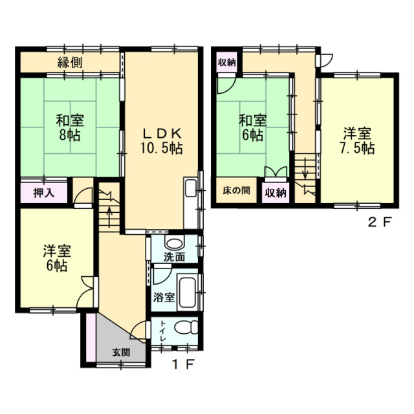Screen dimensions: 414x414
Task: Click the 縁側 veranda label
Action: click(70, 63)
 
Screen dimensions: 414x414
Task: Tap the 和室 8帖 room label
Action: click(70, 127)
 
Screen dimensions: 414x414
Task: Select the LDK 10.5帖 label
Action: click(162, 141)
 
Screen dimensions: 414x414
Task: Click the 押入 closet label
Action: click(44, 193)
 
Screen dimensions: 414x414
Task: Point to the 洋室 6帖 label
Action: click(57, 258)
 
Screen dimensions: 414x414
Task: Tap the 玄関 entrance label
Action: click(121, 352)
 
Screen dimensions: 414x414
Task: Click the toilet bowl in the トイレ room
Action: click(186, 328)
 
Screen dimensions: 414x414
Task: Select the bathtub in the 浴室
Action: click(187, 292)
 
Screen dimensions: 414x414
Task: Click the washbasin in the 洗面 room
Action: click(173, 243)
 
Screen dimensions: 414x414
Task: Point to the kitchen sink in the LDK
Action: click(191, 188)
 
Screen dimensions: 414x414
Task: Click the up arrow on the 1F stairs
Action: click(110, 217)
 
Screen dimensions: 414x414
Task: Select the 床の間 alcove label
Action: click(236, 190)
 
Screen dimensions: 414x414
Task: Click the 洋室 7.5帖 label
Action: click(357, 141)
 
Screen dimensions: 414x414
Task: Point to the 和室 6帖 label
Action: click(253, 127)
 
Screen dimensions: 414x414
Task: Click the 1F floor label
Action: click(184, 365)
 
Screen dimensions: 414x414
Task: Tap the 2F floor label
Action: click(379, 222)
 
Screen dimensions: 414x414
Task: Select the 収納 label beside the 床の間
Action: click(276, 193)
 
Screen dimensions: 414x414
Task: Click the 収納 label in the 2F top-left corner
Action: click(226, 63)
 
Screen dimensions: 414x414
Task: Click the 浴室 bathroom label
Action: click(164, 298)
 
